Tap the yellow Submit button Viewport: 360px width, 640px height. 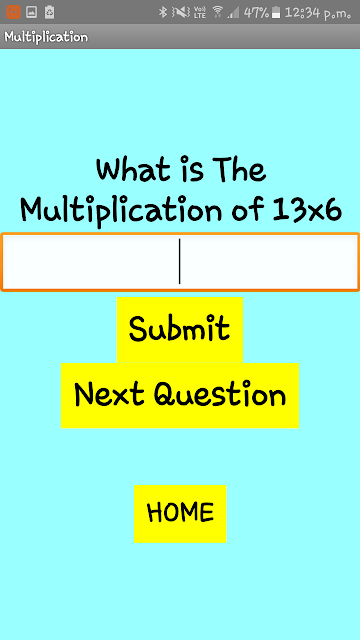point(180,329)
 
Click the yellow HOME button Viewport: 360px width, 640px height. point(180,513)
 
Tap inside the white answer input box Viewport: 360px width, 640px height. point(180,262)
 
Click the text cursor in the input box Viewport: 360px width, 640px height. point(180,261)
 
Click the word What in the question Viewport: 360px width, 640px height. point(133,169)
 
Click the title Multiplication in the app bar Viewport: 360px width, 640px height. point(46,37)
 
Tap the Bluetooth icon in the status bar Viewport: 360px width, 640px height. point(163,12)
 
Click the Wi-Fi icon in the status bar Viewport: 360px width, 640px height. point(218,12)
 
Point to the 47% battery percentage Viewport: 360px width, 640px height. point(256,13)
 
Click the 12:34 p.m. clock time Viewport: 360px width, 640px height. point(318,13)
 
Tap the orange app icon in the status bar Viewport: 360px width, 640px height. point(13,12)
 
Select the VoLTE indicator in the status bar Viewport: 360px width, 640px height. point(200,12)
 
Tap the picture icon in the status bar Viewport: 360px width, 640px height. point(31,12)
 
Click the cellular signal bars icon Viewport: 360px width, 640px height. point(233,13)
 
